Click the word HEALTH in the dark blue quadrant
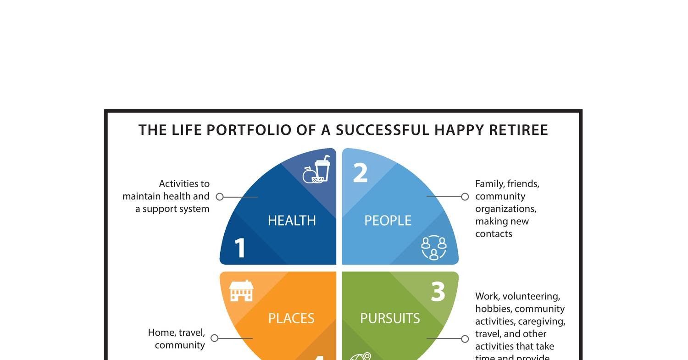coord(292,221)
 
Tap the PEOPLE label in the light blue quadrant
coord(388,221)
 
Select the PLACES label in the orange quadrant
coord(291,318)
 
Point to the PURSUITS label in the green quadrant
coord(390,318)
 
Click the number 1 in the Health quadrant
coord(240,249)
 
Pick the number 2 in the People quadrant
coord(361,173)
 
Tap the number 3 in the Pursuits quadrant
coord(438,292)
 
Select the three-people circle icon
coord(433,248)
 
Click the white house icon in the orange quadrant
coord(241,291)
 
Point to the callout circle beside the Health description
coord(220,197)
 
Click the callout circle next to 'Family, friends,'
coord(465,197)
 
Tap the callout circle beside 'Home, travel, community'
coord(214,338)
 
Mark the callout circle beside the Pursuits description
coord(465,339)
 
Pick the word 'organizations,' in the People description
coord(505,209)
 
